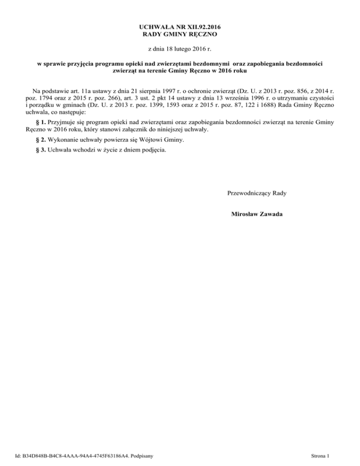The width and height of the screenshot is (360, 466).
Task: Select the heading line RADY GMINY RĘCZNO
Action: click(x=180, y=34)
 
